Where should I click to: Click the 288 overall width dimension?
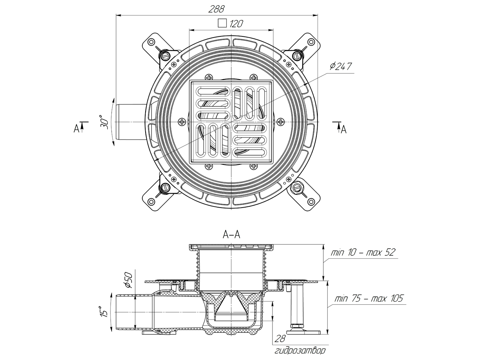click(216, 9)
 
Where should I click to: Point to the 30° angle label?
click(104, 121)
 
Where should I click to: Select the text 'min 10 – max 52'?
click(363, 252)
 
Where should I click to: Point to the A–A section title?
click(231, 235)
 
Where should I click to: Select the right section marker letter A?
click(343, 129)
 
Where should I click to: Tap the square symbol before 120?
click(222, 24)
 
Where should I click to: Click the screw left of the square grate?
click(182, 122)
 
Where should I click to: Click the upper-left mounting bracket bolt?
click(164, 55)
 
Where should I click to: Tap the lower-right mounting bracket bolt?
click(298, 187)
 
